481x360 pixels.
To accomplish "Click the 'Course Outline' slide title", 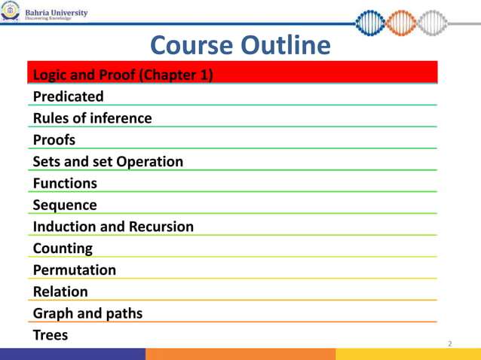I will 240,46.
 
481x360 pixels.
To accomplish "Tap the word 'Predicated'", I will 69,96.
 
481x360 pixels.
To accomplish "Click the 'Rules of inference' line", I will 93,118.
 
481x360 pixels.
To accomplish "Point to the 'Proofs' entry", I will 54,140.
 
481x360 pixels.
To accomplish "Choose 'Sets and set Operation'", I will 108,162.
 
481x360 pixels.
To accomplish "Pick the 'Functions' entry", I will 65,183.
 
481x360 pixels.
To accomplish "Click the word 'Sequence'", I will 65,205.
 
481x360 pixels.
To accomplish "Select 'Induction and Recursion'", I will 113,227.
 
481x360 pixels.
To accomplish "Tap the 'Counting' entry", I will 63,248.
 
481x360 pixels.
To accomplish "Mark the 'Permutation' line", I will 75,270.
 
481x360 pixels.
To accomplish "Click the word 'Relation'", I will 60,291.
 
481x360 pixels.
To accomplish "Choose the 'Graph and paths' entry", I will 87,313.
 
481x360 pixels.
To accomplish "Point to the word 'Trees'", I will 51,335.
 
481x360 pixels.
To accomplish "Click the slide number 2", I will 450,344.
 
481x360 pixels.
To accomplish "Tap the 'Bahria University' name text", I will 57,13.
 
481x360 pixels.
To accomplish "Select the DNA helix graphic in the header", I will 412,21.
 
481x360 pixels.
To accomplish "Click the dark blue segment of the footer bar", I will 72,354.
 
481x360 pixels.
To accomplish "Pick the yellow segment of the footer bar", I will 408,354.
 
